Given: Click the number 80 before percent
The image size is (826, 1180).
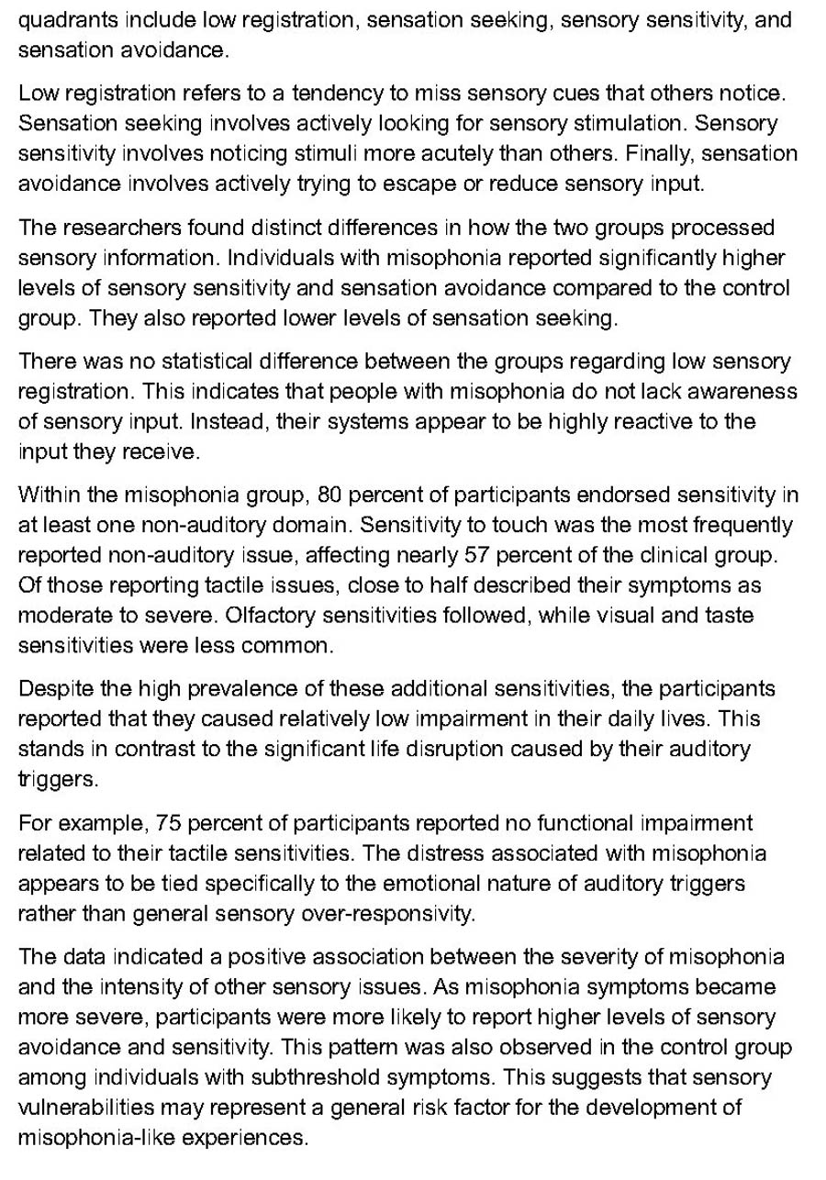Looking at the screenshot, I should (x=328, y=496).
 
